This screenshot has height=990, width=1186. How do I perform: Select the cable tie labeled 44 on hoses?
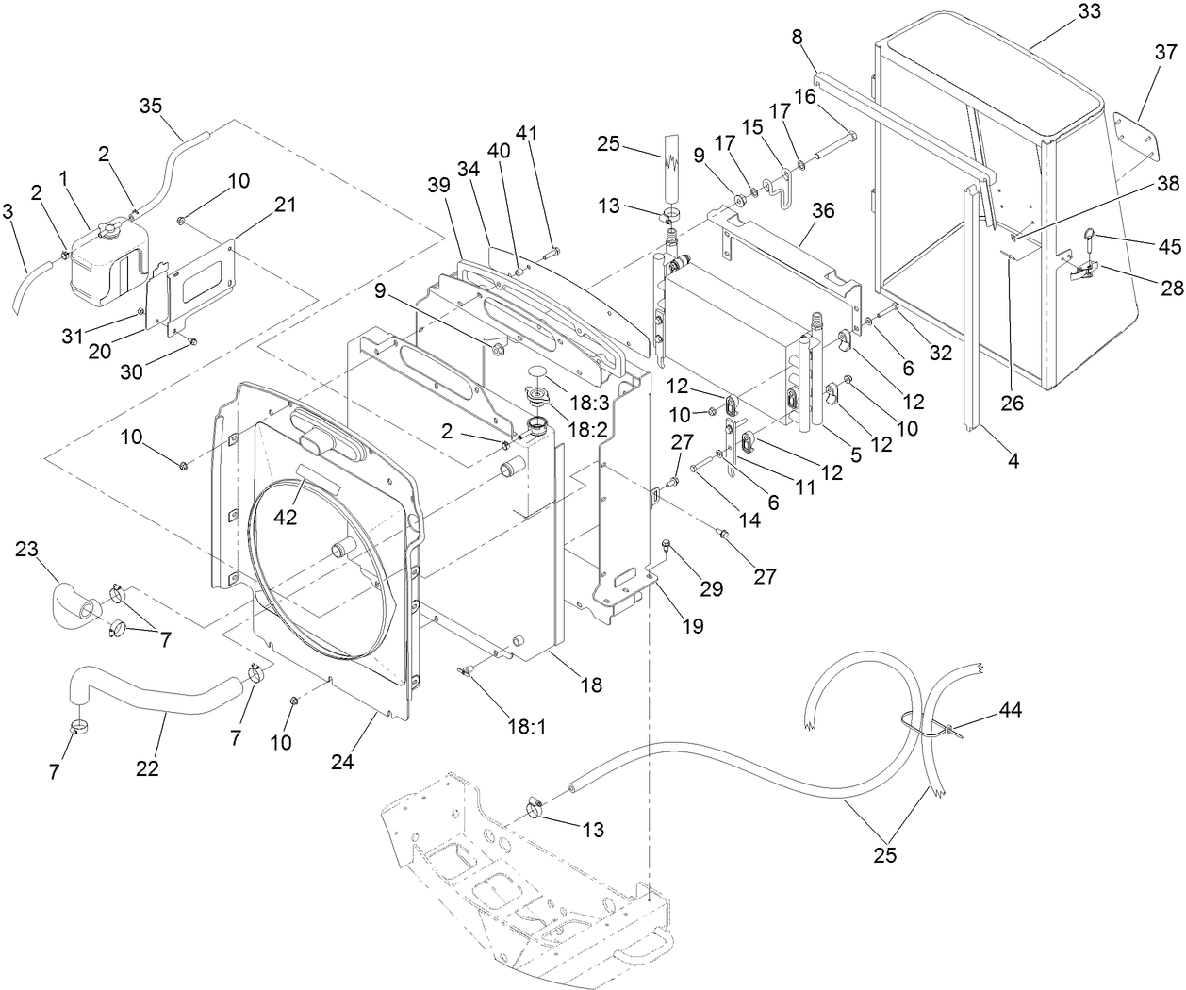(946, 728)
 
